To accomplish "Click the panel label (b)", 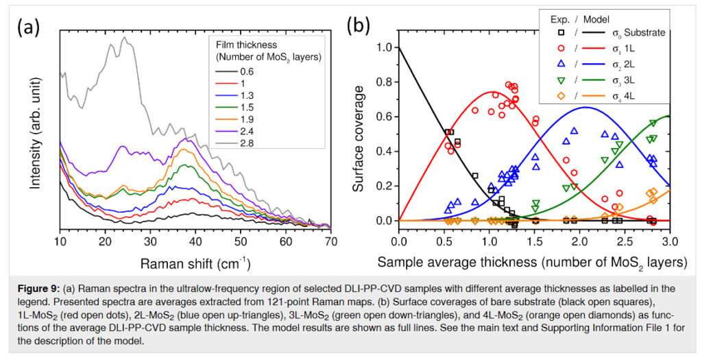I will coord(359,27).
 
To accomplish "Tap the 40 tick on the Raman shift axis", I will coord(195,241).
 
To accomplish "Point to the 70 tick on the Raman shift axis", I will coord(330,241).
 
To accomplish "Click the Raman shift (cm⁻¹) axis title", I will coord(195,263).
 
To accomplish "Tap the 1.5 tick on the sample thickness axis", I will coord(534,241).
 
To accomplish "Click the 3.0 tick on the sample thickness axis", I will coord(670,241).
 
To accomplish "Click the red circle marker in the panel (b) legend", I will coord(544,48).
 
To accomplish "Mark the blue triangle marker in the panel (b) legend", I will coord(544,64).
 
